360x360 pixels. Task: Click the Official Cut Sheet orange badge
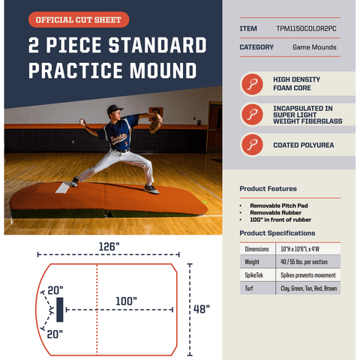click(x=79, y=20)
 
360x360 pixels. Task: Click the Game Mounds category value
click(x=314, y=47)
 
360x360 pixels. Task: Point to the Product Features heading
click(x=268, y=188)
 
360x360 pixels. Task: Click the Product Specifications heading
click(x=277, y=232)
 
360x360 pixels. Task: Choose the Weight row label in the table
click(x=252, y=262)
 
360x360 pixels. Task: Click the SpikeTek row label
click(x=253, y=275)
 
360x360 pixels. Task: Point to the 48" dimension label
click(x=200, y=309)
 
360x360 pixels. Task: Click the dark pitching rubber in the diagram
click(x=58, y=308)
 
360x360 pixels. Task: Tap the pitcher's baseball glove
click(x=155, y=122)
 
